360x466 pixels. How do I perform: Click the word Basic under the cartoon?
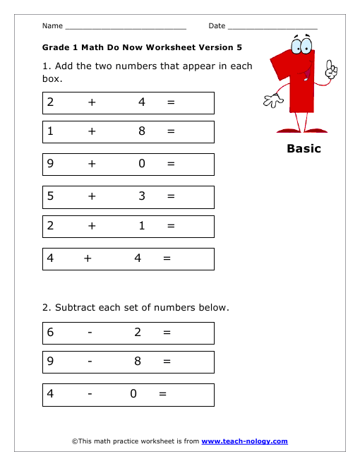click(304, 149)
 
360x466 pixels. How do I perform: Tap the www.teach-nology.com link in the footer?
click(244, 441)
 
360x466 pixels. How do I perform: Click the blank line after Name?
click(125, 27)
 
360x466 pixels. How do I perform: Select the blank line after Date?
click(272, 27)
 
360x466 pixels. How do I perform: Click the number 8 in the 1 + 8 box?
click(142, 131)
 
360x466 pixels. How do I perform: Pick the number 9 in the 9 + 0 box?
click(50, 164)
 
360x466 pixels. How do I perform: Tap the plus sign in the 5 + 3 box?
click(92, 196)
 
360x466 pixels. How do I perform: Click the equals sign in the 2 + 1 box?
click(171, 227)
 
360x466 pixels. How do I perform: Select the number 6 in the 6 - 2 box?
click(50, 333)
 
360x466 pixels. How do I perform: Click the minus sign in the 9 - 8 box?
click(90, 362)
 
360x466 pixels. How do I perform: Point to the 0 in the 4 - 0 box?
click(133, 394)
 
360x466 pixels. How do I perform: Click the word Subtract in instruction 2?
click(75, 307)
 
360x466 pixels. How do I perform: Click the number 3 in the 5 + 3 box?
click(142, 196)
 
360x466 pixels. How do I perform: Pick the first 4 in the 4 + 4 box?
click(50, 258)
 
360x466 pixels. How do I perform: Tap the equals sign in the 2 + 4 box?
click(171, 102)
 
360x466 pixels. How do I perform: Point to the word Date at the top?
click(217, 26)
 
